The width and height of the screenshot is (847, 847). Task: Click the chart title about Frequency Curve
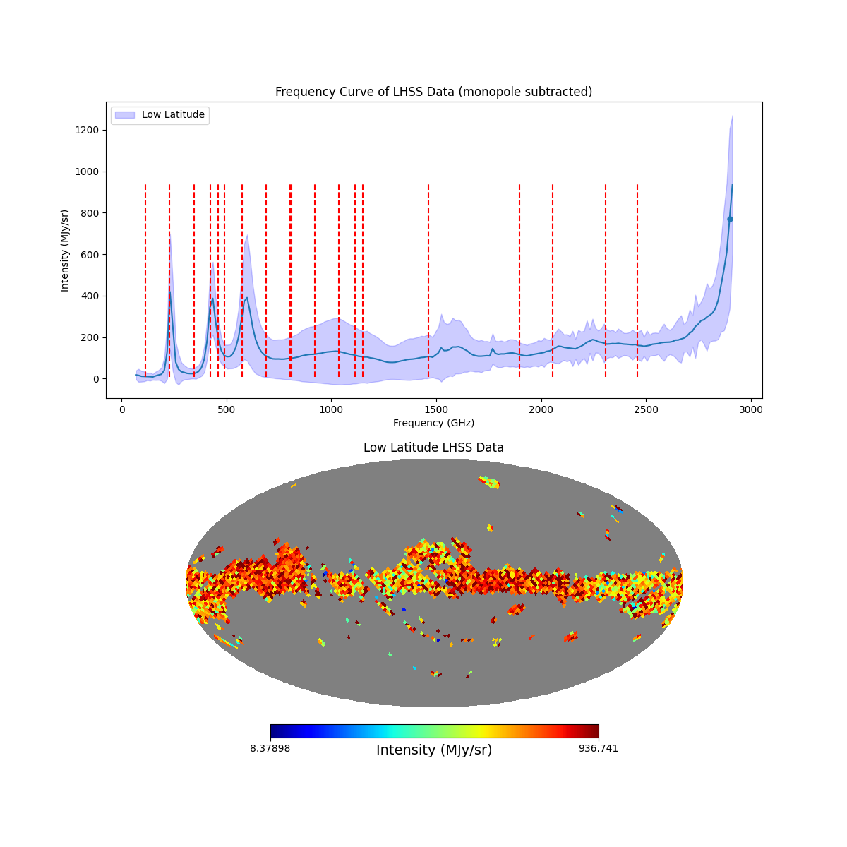[433, 92]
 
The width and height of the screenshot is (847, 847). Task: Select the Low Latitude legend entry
[173, 115]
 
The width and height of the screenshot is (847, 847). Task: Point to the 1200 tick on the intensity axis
[89, 131]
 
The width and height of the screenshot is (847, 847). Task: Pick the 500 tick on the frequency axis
[227, 409]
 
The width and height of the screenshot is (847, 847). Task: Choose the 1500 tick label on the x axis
[436, 409]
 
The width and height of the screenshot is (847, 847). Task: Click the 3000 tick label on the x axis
[751, 409]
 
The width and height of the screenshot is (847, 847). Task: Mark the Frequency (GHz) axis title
[433, 423]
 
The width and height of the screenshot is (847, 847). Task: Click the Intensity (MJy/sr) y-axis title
[65, 250]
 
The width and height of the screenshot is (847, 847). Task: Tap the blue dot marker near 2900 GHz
[730, 219]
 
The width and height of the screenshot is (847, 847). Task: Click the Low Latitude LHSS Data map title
[433, 447]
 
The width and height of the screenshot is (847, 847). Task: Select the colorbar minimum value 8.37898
[270, 748]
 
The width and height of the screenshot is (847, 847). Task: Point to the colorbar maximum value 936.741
[599, 748]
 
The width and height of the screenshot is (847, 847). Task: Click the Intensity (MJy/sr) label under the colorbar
[434, 750]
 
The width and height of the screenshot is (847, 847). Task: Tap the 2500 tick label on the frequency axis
[646, 409]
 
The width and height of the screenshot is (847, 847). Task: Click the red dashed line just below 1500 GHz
[428, 282]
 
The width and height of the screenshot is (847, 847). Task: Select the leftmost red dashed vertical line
[145, 282]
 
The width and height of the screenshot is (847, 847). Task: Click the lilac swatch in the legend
[124, 115]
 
